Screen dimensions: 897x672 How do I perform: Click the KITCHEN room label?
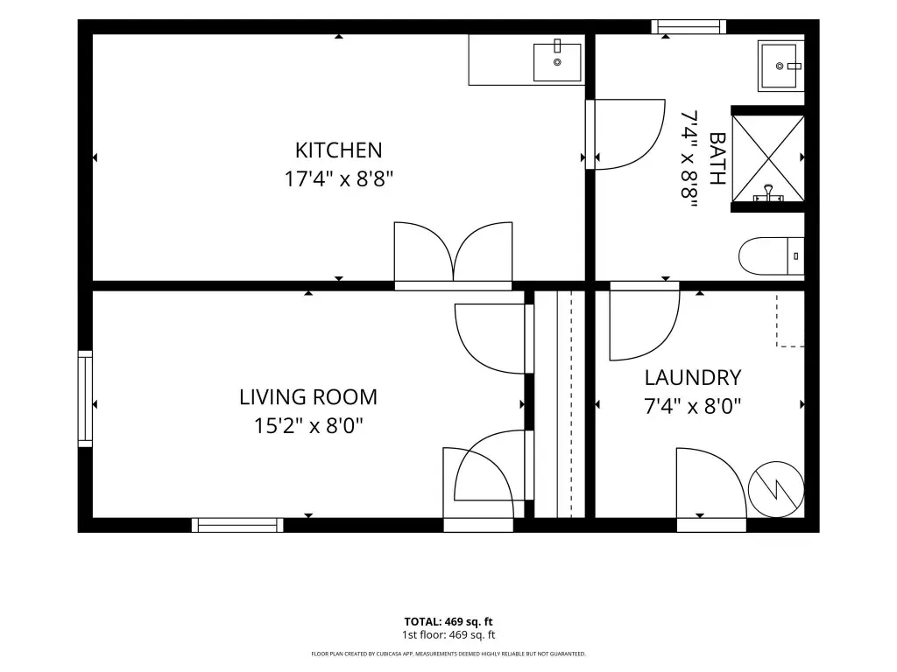pyautogui.click(x=339, y=150)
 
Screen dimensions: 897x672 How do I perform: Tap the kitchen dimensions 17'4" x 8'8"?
pyautogui.click(x=339, y=179)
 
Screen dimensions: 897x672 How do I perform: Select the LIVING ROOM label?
pyautogui.click(x=308, y=397)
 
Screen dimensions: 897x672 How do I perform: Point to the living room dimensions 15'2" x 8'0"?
pyautogui.click(x=308, y=426)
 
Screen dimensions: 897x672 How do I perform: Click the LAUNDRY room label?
pyautogui.click(x=693, y=378)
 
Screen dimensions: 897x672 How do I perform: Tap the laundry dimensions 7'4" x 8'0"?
pyautogui.click(x=693, y=406)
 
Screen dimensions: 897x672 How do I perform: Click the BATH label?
pyautogui.click(x=717, y=158)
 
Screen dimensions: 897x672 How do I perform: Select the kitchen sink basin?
pyautogui.click(x=557, y=62)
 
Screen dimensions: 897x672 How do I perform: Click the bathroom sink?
pyautogui.click(x=780, y=66)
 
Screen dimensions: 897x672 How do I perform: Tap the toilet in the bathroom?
pyautogui.click(x=771, y=256)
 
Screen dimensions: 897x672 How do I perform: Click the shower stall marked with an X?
pyautogui.click(x=768, y=159)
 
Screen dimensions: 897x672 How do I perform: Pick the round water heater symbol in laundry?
pyautogui.click(x=776, y=489)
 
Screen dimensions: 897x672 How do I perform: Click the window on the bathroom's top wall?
pyautogui.click(x=689, y=27)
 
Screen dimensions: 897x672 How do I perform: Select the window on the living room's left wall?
pyautogui.click(x=85, y=398)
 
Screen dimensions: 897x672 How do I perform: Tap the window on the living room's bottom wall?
pyautogui.click(x=237, y=525)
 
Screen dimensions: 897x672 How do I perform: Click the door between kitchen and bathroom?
pyautogui.click(x=625, y=134)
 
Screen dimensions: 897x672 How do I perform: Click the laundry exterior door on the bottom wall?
pyautogui.click(x=711, y=490)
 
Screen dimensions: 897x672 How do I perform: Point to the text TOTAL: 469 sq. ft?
pyautogui.click(x=448, y=622)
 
